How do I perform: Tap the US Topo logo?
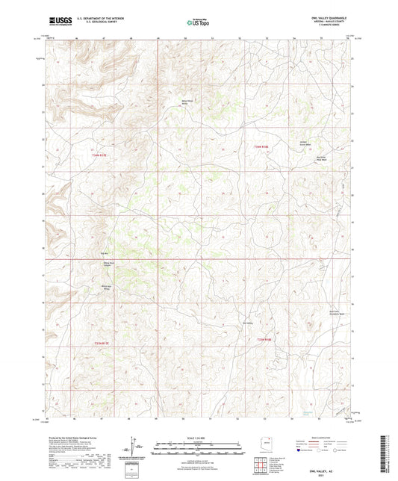click(197, 23)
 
